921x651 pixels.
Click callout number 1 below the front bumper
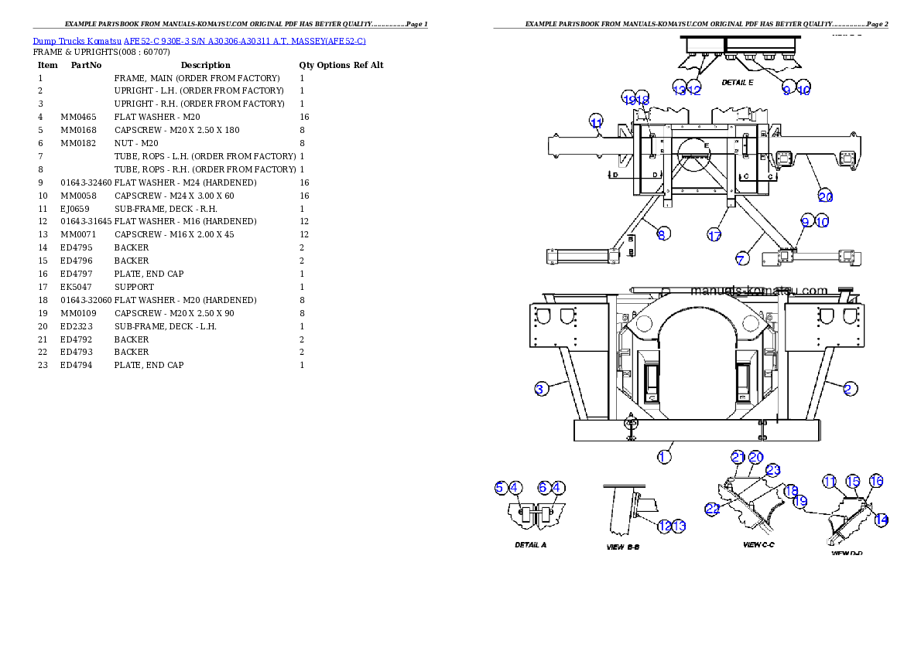[x=664, y=457]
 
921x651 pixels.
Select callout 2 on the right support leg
[x=850, y=389]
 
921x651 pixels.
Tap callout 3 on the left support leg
[x=540, y=389]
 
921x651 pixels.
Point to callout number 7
[x=741, y=260]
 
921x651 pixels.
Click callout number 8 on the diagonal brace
[x=663, y=233]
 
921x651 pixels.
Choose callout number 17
[x=714, y=235]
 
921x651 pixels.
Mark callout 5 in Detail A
[x=501, y=487]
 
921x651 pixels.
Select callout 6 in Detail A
[x=544, y=487]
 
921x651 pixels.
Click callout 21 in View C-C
[x=738, y=457]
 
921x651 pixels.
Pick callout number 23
[x=772, y=469]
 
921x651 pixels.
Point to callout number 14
[x=881, y=520]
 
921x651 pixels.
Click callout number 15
[x=853, y=481]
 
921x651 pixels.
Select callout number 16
[x=876, y=481]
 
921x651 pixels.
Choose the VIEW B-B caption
[x=622, y=547]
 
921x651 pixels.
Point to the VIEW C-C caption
[x=758, y=545]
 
